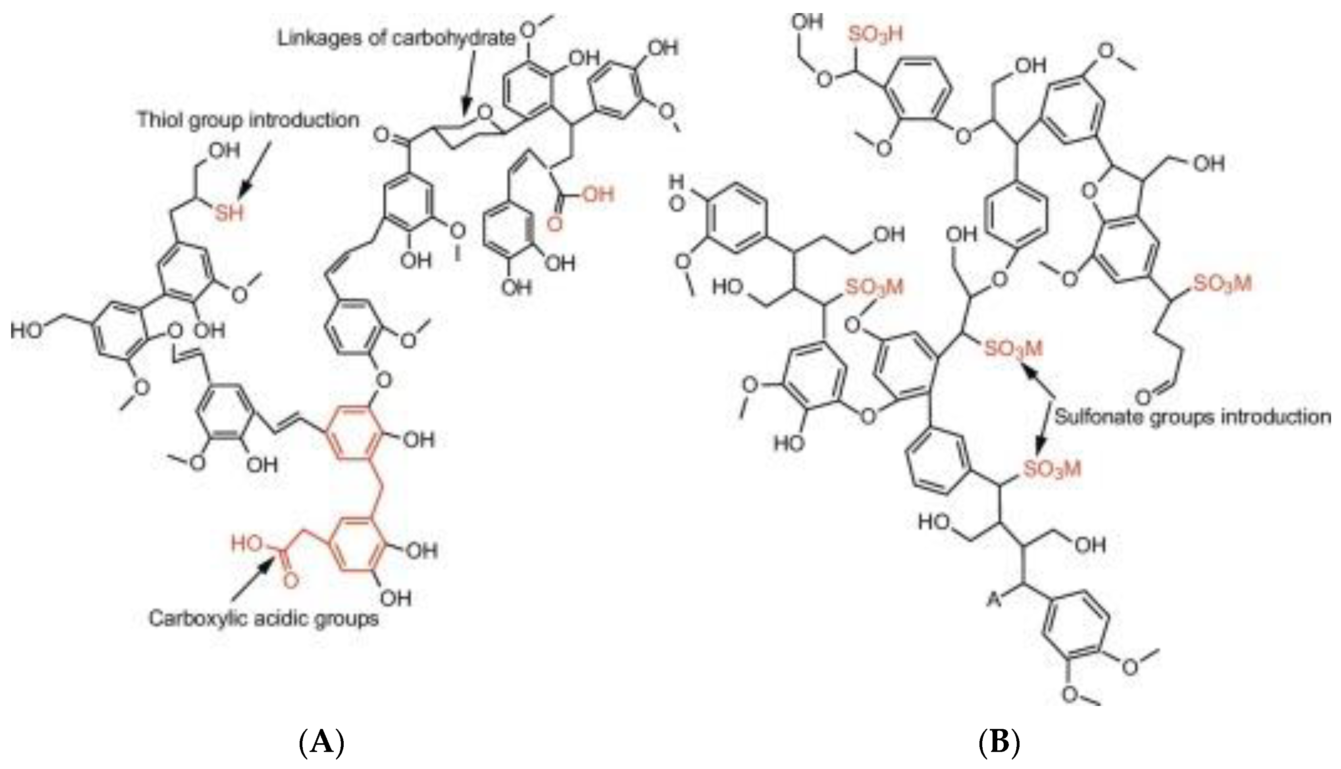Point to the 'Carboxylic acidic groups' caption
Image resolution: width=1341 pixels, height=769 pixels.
point(264,618)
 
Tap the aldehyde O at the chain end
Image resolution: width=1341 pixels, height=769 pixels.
point(1145,397)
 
